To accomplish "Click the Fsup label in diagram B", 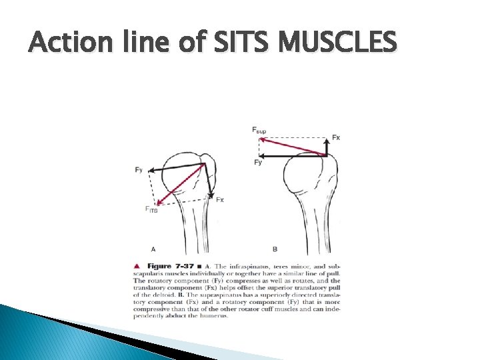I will click(259, 129).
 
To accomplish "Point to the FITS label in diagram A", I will click(152, 209).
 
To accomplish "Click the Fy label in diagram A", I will click(138, 170).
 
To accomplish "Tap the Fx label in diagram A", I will click(219, 199).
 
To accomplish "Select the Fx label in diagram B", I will click(335, 137).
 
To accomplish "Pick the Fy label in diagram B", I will click(258, 163).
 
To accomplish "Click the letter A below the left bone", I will click(153, 249).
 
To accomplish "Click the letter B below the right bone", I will click(275, 249).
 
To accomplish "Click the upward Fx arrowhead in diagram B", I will click(326, 140).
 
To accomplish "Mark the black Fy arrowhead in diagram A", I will click(149, 170).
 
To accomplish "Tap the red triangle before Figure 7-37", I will click(137, 266).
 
